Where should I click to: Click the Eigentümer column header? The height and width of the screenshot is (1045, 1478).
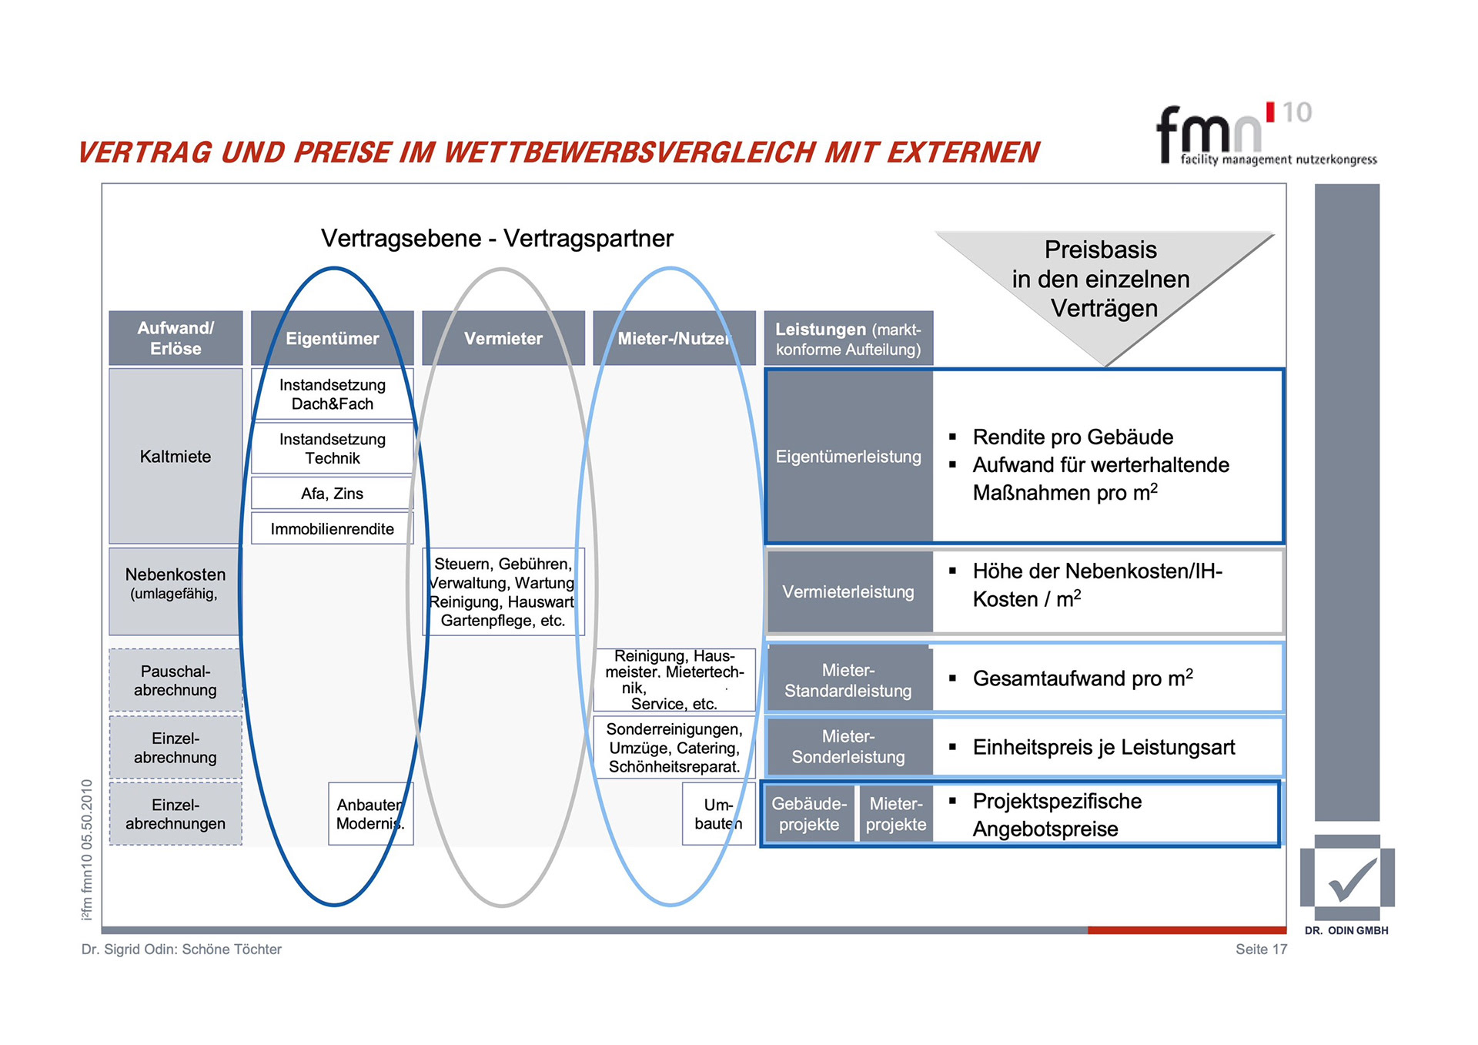point(332,338)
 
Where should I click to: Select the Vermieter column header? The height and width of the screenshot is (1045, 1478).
point(503,338)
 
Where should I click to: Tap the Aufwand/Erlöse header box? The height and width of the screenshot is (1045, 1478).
point(176,338)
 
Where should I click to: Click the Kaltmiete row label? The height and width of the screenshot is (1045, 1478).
point(176,456)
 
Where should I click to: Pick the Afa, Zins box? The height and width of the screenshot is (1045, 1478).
point(332,494)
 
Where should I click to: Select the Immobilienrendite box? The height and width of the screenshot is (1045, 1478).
point(332,529)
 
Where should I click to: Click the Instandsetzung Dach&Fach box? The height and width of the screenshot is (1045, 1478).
point(332,394)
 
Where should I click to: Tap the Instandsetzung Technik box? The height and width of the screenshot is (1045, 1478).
point(332,448)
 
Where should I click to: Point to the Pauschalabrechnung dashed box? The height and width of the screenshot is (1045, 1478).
point(176,680)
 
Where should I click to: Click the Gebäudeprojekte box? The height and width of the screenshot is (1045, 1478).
point(808,814)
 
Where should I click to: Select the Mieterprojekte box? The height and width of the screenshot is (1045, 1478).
point(895,814)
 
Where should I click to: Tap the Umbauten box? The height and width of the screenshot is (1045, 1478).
point(718,814)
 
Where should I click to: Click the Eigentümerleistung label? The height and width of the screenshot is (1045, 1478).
point(848,457)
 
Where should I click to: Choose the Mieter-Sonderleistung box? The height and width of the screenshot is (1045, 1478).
point(848,746)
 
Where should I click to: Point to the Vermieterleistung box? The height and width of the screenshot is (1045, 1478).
point(848,591)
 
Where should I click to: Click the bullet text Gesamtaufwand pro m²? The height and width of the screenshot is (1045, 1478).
point(1082,678)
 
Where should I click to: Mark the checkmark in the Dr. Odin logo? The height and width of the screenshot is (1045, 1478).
point(1352,880)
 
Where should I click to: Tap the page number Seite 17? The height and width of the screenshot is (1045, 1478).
point(1261,949)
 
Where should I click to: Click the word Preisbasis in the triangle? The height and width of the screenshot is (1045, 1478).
point(1100,250)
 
